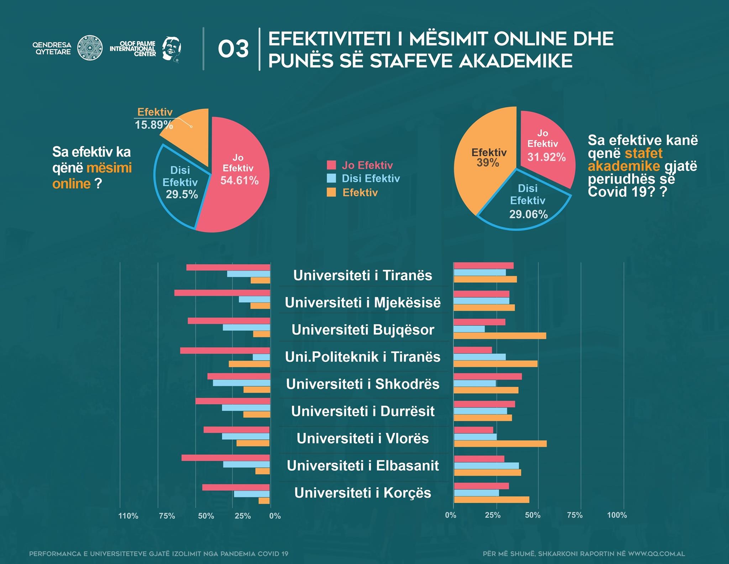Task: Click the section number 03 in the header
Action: [x=233, y=49]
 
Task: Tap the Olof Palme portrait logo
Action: [x=171, y=49]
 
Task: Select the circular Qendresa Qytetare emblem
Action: [x=90, y=48]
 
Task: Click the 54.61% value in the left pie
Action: [x=239, y=180]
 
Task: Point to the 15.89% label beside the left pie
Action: [x=154, y=125]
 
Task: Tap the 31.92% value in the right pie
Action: [x=546, y=157]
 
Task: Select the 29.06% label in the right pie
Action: [x=528, y=214]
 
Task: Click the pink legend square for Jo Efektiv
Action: [x=331, y=165]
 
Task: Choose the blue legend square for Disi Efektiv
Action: [x=331, y=178]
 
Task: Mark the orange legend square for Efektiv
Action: [x=331, y=192]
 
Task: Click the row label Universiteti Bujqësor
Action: [x=363, y=330]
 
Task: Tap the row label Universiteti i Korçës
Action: [x=363, y=493]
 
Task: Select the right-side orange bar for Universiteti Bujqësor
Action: [x=500, y=336]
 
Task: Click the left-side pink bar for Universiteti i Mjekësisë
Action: [x=222, y=293]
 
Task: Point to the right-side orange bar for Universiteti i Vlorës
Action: [x=500, y=444]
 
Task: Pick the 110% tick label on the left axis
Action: [x=128, y=516]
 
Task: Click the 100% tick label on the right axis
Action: [x=617, y=515]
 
